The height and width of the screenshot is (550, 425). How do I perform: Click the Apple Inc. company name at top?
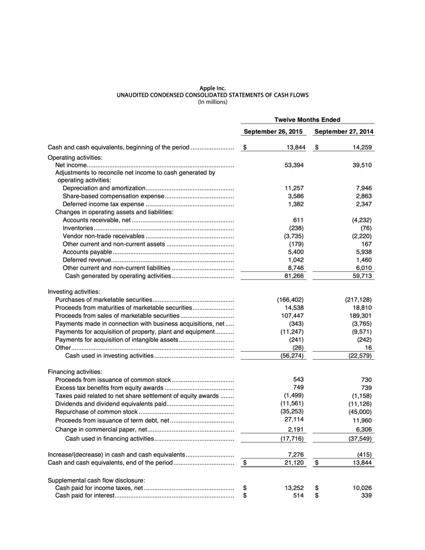(x=212, y=88)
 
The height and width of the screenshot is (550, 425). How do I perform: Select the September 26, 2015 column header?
(x=273, y=132)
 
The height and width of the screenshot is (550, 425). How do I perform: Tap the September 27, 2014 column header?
(x=344, y=132)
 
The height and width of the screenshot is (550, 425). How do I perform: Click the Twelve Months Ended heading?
(x=307, y=120)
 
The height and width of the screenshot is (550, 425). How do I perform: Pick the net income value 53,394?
(x=294, y=165)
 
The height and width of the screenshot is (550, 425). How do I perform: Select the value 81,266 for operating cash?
(x=294, y=276)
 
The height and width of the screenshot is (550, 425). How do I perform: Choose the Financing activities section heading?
(x=75, y=372)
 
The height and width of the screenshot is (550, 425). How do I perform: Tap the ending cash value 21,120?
(x=294, y=463)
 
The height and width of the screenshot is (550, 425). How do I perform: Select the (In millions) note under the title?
(x=212, y=102)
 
